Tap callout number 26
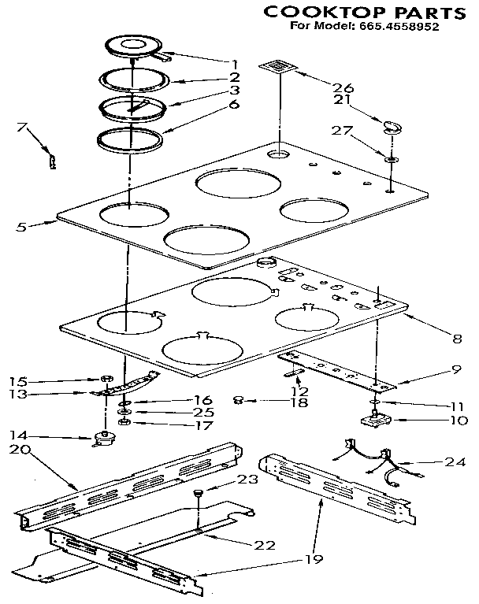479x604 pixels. point(342,87)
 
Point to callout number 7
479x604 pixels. point(22,126)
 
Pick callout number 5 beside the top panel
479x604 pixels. point(22,227)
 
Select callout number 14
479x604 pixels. point(22,434)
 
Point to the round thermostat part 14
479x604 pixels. point(102,438)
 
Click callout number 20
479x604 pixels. point(22,449)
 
